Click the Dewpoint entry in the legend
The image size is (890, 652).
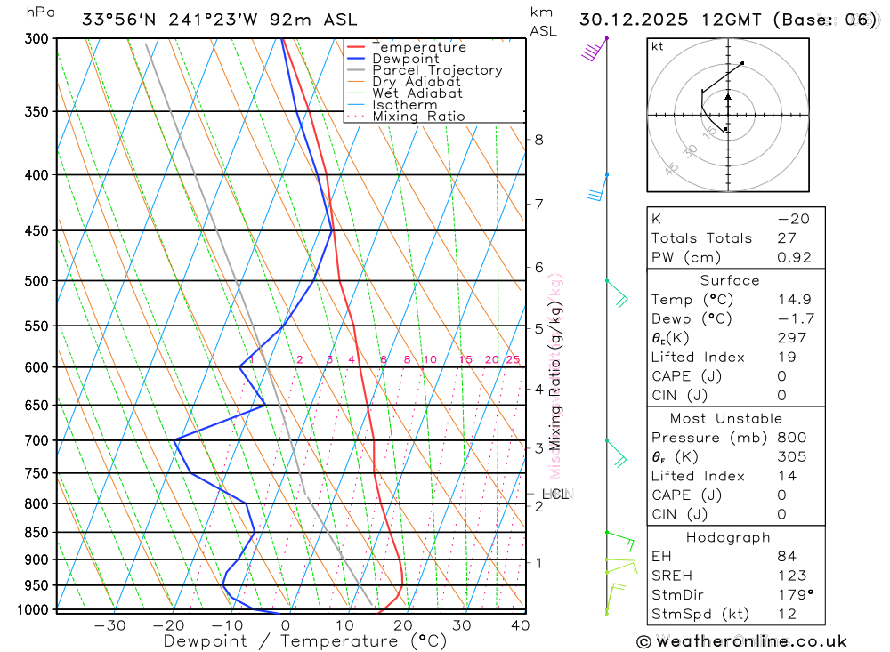pyautogui.click(x=406, y=59)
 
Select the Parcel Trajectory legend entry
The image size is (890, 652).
pyautogui.click(x=437, y=70)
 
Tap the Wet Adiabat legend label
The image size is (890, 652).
pyautogui.click(x=417, y=93)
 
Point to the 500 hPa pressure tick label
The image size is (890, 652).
pyautogui.click(x=36, y=281)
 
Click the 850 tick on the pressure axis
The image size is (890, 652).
pyautogui.click(x=36, y=533)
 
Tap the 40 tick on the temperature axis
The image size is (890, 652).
pyautogui.click(x=521, y=625)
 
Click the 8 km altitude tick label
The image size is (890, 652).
pyautogui.click(x=538, y=140)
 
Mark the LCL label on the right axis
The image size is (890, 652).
pyautogui.click(x=554, y=494)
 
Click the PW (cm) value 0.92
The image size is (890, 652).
pyautogui.click(x=795, y=258)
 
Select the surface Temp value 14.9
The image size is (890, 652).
pyautogui.click(x=795, y=300)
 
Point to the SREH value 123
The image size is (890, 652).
pyautogui.click(x=791, y=576)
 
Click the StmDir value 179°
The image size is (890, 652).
pyautogui.click(x=791, y=595)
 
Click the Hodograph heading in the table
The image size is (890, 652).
pyautogui.click(x=728, y=537)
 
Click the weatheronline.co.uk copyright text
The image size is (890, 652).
pyautogui.click(x=741, y=641)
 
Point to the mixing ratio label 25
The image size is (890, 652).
pyautogui.click(x=513, y=359)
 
